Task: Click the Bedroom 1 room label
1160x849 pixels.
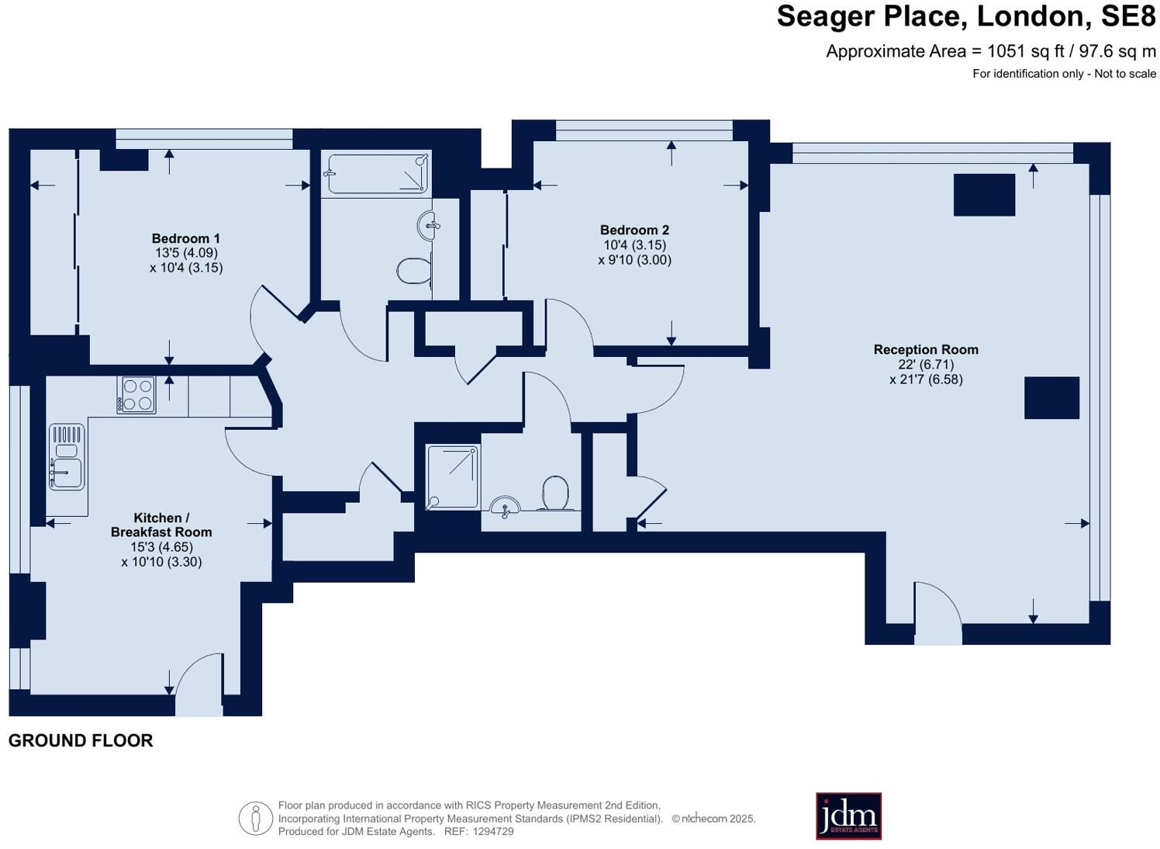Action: coord(186,238)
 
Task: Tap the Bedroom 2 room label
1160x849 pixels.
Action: coord(634,230)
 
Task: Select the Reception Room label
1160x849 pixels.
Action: coord(926,349)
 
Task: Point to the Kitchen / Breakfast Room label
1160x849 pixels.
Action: coord(161,525)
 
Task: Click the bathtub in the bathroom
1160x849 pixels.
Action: coord(377,173)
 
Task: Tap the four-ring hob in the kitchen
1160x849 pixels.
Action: coord(136,394)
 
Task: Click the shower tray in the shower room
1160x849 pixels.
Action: coord(452,476)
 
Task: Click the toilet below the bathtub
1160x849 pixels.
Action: coord(413,271)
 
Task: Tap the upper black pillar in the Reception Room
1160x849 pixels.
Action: coord(984,195)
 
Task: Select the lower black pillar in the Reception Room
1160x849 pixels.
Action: coord(1051,397)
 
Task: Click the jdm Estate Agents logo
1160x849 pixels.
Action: coord(848,816)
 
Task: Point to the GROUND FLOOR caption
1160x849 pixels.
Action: coord(81,740)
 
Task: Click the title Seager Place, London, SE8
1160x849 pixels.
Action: coord(965,16)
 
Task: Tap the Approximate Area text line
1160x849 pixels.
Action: coord(990,51)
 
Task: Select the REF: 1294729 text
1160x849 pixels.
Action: coord(478,831)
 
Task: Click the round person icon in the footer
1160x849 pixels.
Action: coord(255,819)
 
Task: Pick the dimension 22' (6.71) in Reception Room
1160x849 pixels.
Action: coord(926,364)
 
